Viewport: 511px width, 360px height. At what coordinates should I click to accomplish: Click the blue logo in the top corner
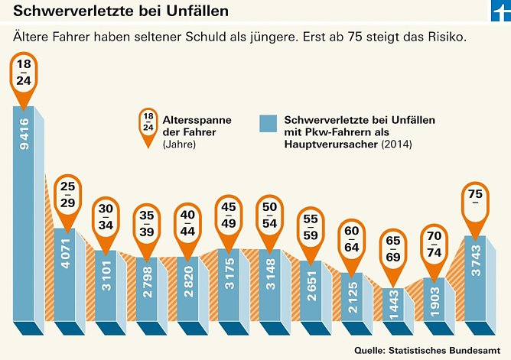[500, 11]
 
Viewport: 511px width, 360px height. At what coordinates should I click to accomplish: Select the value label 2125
[352, 297]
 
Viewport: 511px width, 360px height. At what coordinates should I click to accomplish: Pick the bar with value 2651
[311, 290]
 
